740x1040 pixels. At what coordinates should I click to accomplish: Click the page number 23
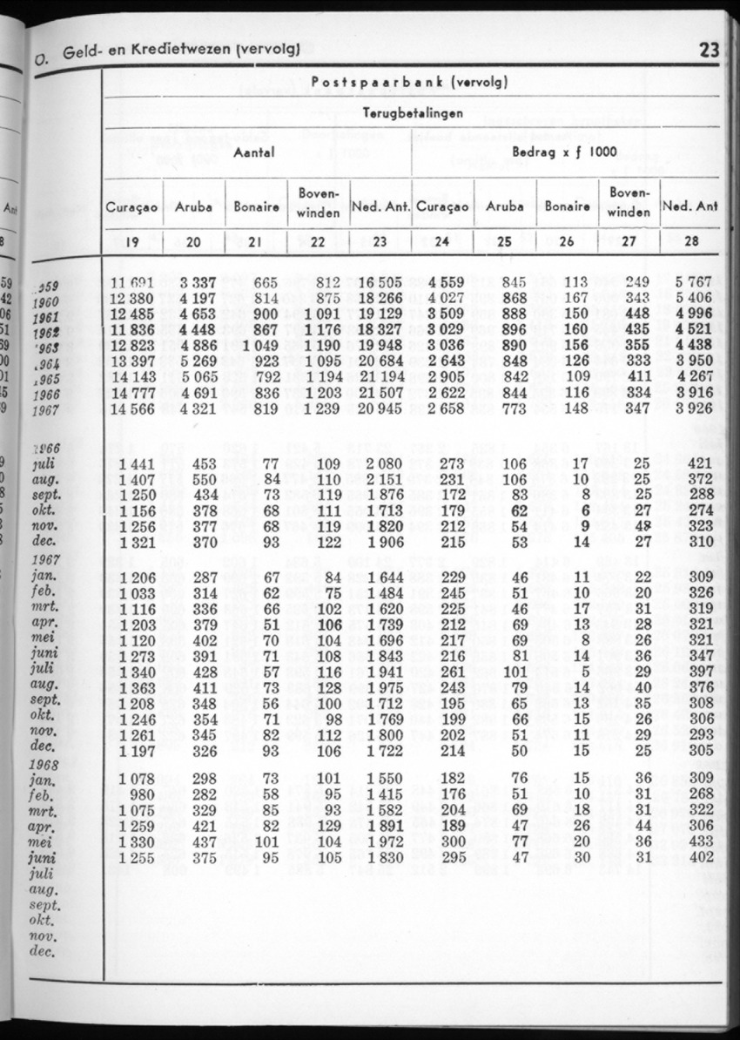pyautogui.click(x=709, y=51)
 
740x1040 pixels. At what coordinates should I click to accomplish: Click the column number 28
pyautogui.click(x=692, y=242)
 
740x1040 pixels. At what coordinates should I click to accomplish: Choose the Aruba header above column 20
pyautogui.click(x=193, y=207)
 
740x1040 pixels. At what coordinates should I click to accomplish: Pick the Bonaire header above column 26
pyautogui.click(x=566, y=207)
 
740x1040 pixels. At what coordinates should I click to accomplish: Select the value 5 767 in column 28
pyautogui.click(x=693, y=281)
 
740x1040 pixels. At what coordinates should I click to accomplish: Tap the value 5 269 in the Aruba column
pyautogui.click(x=198, y=361)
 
